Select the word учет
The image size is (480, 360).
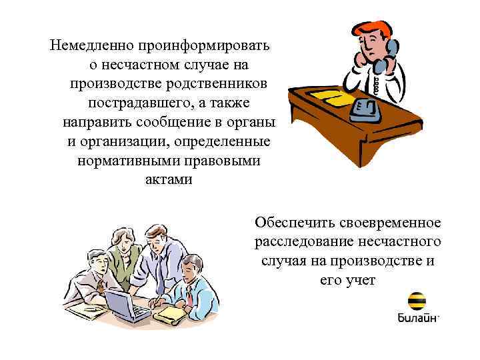(x=361, y=280)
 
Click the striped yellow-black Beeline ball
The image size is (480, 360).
(x=419, y=301)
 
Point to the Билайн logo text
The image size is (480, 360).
(x=417, y=317)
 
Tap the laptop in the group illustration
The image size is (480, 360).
(x=126, y=304)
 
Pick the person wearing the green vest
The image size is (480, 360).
(x=124, y=260)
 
